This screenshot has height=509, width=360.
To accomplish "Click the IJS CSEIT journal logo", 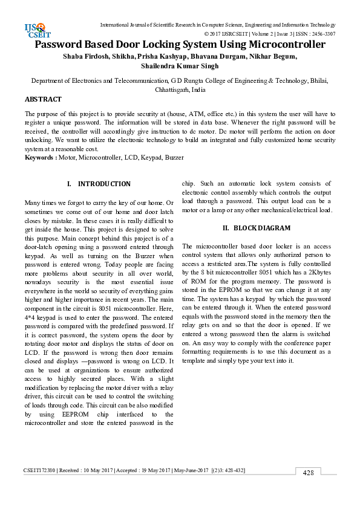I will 34,30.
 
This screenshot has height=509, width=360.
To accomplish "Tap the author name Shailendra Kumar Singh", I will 180,66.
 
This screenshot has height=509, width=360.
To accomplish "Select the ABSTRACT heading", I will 43,99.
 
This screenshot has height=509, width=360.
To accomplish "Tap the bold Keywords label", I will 39,157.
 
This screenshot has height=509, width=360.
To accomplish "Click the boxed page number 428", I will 308,473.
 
